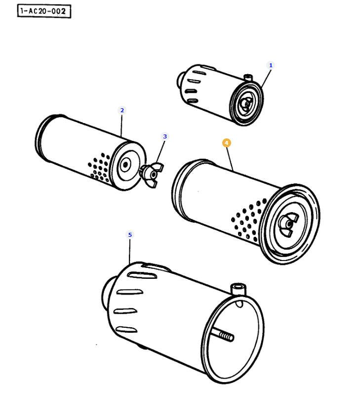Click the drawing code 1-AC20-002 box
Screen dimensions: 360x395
pos(44,11)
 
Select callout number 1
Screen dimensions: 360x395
pos(271,65)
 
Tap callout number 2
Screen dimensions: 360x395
pos(122,110)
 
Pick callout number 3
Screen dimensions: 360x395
pos(165,136)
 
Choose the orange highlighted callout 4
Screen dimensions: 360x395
pos(226,143)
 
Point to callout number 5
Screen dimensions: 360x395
pos(130,235)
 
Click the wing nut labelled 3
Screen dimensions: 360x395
pos(152,175)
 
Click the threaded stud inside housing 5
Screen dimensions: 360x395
pos(222,335)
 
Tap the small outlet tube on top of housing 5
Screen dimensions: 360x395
pos(238,289)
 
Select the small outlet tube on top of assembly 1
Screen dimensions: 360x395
pos(248,77)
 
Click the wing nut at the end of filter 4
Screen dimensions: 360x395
pos(288,224)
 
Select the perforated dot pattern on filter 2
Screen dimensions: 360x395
pos(99,167)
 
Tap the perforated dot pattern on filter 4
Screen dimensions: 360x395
pos(248,219)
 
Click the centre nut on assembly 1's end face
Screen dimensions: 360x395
pos(246,103)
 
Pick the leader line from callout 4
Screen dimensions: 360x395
pos(230,159)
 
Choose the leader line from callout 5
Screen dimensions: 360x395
pos(130,252)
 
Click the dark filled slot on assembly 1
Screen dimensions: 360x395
pos(191,91)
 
